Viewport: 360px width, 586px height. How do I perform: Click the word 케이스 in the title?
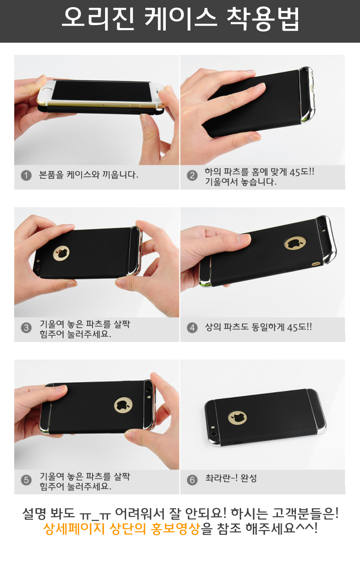click(180, 18)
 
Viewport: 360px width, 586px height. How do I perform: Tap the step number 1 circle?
click(26, 175)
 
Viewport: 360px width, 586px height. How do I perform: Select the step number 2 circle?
click(192, 175)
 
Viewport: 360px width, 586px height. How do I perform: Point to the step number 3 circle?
click(26, 327)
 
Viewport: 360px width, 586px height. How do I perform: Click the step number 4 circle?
click(192, 327)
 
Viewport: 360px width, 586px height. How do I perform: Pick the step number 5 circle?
click(26, 480)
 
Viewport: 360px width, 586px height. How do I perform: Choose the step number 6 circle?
click(192, 480)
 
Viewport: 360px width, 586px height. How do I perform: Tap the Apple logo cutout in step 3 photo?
click(61, 253)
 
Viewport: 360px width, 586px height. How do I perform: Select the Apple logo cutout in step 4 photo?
click(295, 244)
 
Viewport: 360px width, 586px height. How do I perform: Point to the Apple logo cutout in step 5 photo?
click(123, 405)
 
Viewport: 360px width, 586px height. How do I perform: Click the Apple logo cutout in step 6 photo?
click(237, 418)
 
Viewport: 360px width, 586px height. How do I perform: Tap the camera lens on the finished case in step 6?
click(213, 434)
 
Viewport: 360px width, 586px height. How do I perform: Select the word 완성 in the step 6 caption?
click(249, 478)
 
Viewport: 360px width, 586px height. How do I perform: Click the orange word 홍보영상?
click(175, 529)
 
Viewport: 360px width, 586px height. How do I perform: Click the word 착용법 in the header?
click(263, 18)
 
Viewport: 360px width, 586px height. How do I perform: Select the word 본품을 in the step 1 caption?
click(51, 175)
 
